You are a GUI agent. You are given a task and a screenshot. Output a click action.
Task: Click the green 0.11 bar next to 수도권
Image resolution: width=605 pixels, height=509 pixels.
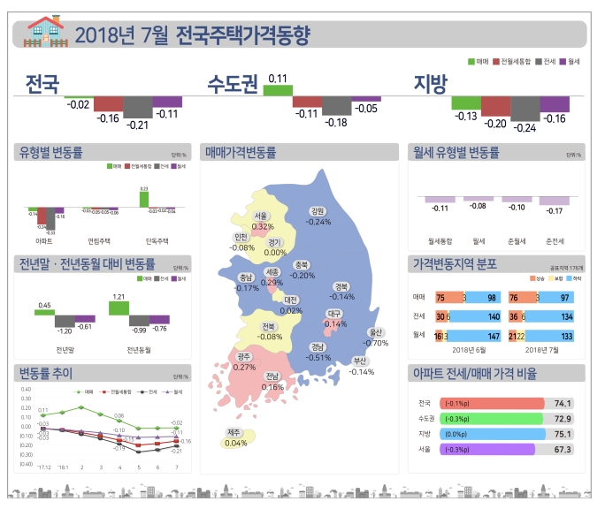click(x=277, y=90)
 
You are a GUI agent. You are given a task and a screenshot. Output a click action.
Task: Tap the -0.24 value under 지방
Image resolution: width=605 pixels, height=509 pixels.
click(x=525, y=127)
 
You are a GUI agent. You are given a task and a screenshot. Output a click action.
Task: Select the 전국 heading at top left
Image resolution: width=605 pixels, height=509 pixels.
click(x=42, y=84)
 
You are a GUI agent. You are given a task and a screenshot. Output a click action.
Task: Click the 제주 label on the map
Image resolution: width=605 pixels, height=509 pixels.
click(x=234, y=432)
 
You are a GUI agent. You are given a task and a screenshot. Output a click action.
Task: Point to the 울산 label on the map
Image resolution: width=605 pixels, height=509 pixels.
click(x=376, y=333)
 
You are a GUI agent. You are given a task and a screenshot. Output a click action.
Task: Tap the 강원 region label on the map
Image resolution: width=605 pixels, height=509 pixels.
click(x=318, y=211)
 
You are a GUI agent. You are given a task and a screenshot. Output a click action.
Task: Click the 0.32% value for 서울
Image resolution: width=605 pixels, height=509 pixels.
click(x=263, y=226)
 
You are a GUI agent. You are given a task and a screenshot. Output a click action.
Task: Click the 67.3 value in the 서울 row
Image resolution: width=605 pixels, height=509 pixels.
click(x=563, y=450)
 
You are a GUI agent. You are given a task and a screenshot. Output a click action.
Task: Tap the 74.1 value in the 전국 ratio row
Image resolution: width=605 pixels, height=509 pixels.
click(x=563, y=403)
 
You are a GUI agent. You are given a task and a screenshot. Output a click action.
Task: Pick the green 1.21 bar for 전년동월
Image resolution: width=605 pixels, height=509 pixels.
click(x=118, y=308)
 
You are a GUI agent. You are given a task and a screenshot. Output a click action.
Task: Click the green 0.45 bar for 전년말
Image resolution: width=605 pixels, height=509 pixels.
click(x=44, y=311)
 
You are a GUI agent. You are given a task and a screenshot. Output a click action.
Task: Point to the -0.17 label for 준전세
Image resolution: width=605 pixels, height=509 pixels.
click(x=555, y=210)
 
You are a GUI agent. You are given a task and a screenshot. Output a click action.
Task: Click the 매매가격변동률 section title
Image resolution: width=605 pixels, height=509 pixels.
click(x=241, y=153)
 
